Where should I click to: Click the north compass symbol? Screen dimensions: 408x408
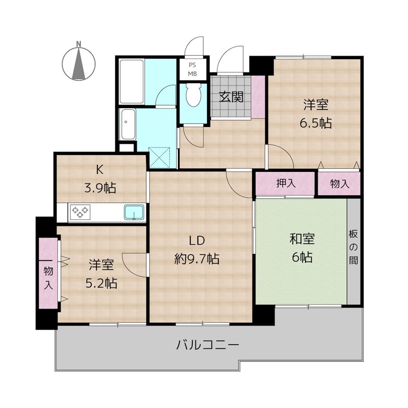pos(79,63)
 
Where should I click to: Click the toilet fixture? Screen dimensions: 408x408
pos(193,95)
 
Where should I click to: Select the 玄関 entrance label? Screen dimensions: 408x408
pos(231,96)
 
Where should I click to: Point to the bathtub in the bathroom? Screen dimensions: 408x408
pos(132,82)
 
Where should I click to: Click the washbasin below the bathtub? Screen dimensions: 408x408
pos(127,124)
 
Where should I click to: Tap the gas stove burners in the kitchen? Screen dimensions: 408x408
pos(80,212)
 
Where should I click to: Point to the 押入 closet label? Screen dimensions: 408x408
pos(286,184)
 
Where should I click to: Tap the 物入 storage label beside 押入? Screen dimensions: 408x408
pos(339,184)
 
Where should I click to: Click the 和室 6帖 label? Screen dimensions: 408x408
pos(302,248)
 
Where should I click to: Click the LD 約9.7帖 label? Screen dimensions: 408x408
pos(197,249)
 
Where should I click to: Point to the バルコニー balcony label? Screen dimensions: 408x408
pos(208,345)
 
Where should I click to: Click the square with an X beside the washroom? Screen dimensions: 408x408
pos(162,157)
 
